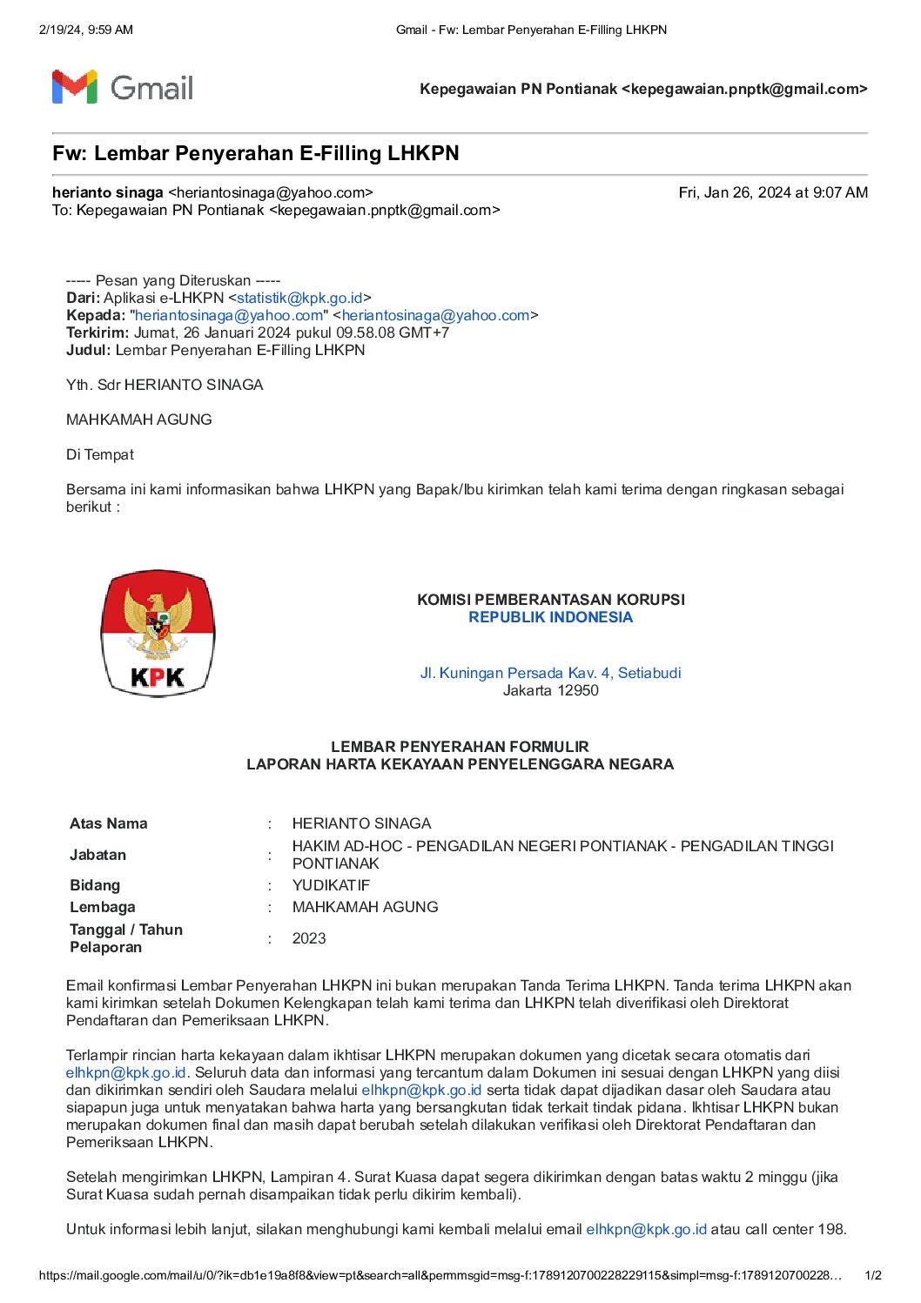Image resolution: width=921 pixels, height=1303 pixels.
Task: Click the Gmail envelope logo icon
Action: pyautogui.click(x=74, y=87)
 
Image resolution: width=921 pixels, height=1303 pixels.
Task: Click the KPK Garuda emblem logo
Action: pyautogui.click(x=158, y=634)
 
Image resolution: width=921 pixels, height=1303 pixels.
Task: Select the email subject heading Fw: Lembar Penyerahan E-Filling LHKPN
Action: pyautogui.click(x=255, y=154)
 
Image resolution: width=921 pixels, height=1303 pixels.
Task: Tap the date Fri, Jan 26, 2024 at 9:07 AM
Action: pyautogui.click(x=772, y=192)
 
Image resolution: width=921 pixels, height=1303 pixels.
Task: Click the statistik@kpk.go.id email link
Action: pyautogui.click(x=299, y=298)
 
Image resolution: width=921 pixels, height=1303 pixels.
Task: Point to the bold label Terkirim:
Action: pyautogui.click(x=97, y=332)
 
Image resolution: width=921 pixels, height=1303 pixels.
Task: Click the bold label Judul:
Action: pyautogui.click(x=89, y=350)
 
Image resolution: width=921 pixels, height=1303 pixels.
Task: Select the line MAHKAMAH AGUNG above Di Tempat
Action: pyautogui.click(x=139, y=420)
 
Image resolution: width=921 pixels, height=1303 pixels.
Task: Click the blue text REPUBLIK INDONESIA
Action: pyautogui.click(x=550, y=617)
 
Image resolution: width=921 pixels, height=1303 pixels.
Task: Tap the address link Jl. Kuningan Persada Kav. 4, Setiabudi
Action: pyautogui.click(x=550, y=673)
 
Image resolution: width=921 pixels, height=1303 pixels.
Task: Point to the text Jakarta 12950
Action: pyautogui.click(x=550, y=690)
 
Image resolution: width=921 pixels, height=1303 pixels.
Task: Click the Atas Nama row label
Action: pyautogui.click(x=109, y=823)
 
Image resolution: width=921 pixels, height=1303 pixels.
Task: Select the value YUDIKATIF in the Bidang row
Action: pyautogui.click(x=331, y=885)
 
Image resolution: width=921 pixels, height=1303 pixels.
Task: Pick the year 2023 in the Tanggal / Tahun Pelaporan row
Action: pyautogui.click(x=309, y=938)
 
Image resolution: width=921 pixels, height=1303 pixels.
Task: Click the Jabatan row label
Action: pyautogui.click(x=97, y=855)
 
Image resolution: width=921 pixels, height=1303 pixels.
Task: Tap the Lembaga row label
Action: pyautogui.click(x=102, y=907)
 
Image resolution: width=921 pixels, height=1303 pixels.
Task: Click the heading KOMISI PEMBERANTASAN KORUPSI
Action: pyautogui.click(x=550, y=600)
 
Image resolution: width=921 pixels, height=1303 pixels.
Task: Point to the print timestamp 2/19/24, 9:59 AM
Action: pyautogui.click(x=86, y=30)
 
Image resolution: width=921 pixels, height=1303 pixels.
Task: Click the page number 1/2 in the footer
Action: pyautogui.click(x=872, y=1275)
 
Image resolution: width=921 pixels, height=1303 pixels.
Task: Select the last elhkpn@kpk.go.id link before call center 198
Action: pyautogui.click(x=646, y=1229)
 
